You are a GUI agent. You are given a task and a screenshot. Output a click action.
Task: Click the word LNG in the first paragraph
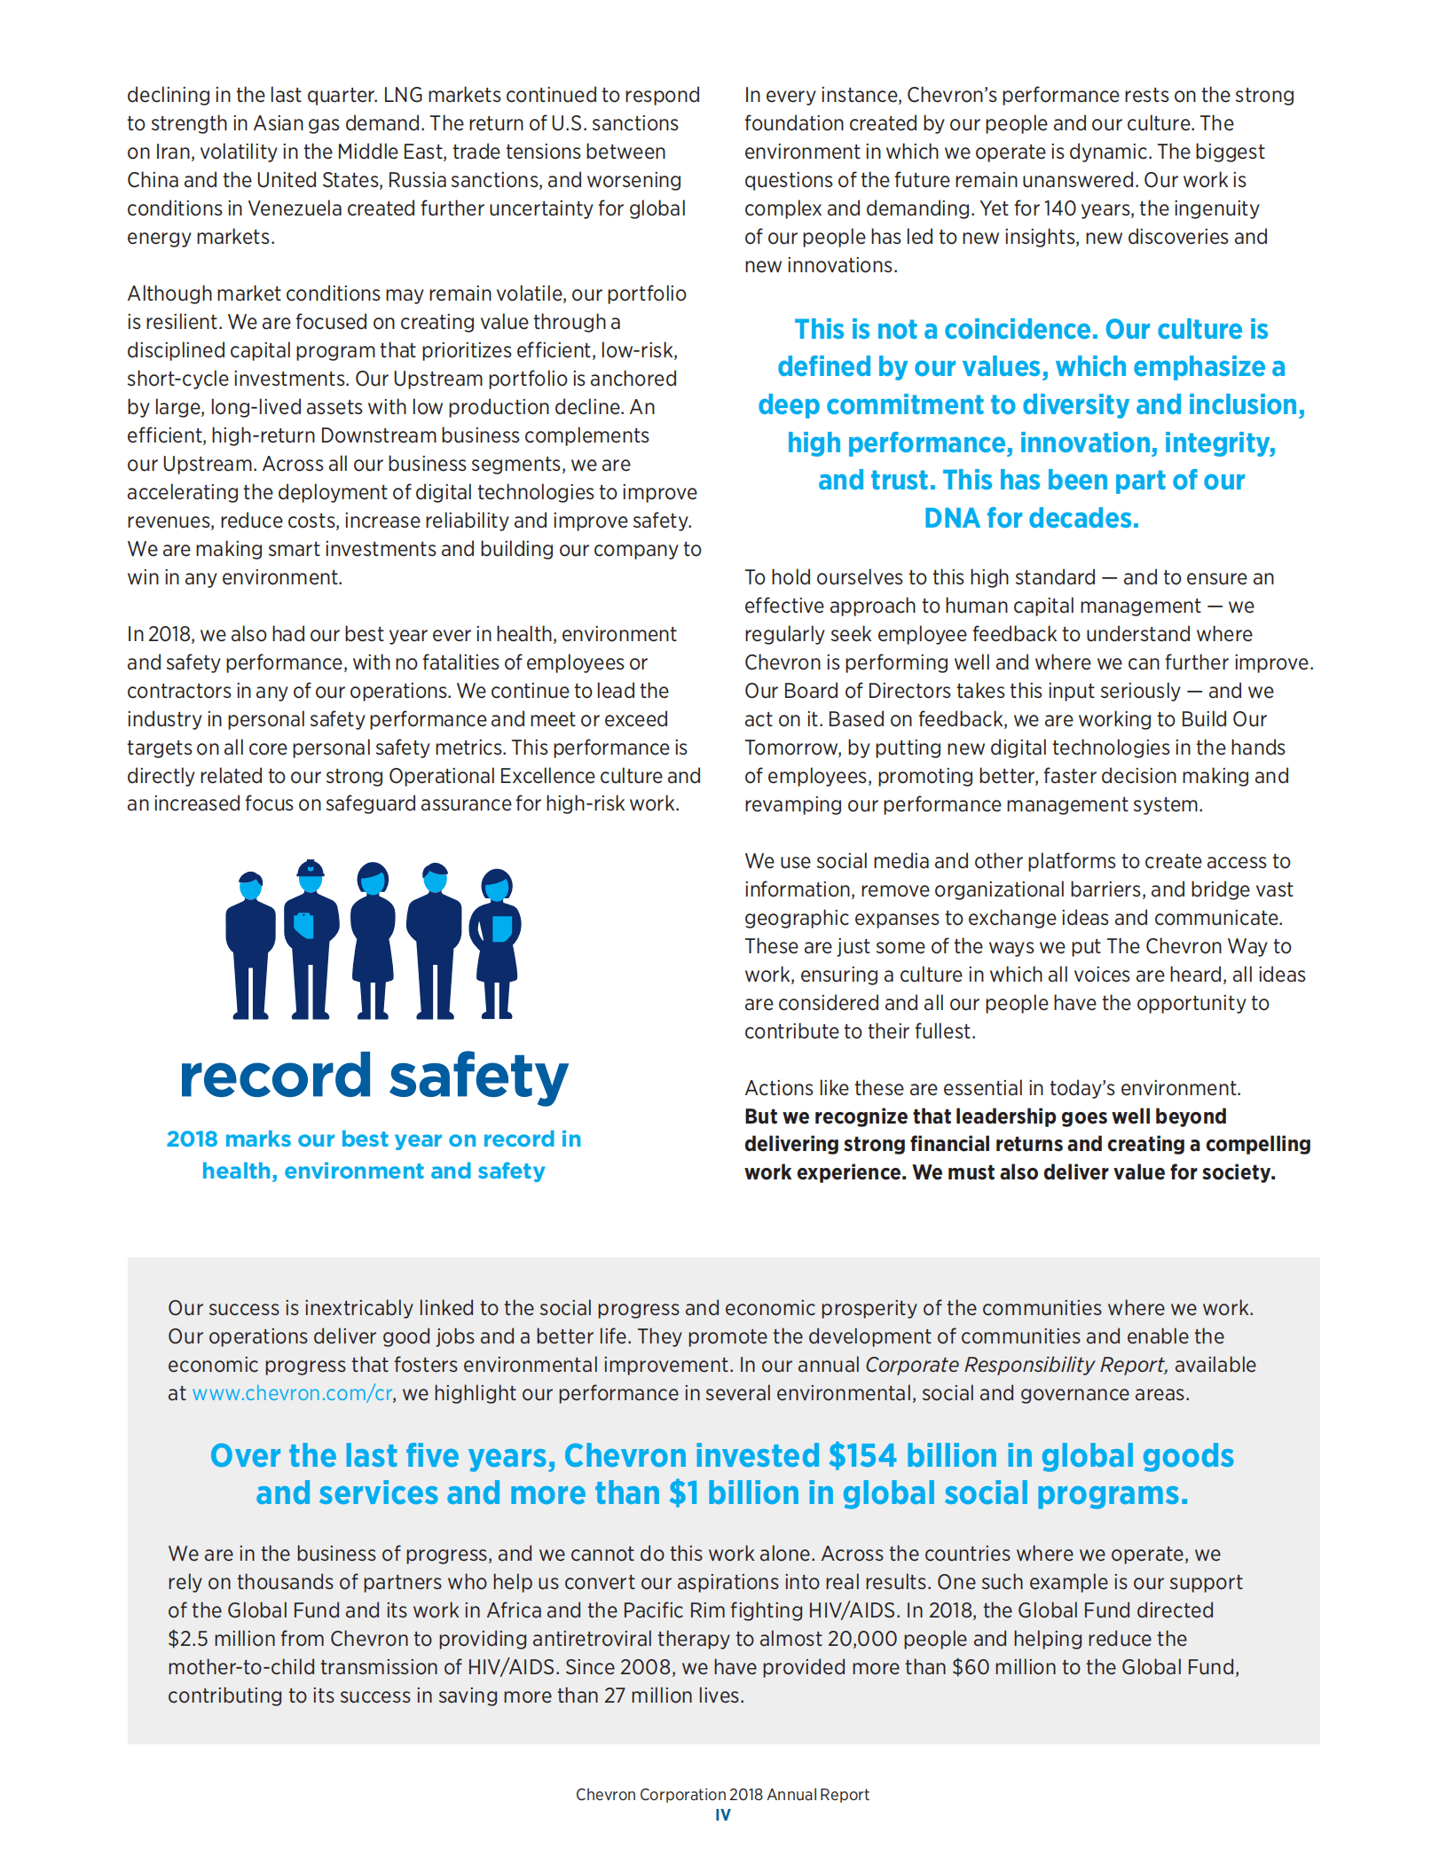pos(402,95)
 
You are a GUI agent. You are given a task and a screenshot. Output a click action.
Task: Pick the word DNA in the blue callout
pos(951,518)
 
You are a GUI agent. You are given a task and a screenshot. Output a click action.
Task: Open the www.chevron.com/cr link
pos(292,1393)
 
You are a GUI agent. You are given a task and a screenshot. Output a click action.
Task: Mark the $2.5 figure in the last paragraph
pos(188,1639)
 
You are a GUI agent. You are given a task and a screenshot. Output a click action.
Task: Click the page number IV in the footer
pos(723,1815)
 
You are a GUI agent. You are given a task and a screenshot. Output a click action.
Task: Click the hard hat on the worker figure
pos(310,868)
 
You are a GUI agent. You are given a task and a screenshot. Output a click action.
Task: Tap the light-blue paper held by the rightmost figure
pos(501,928)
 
